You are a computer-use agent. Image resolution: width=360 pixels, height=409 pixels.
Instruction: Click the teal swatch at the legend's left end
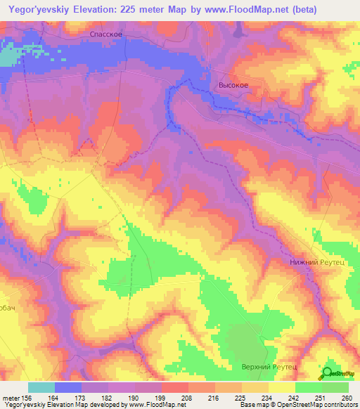41,387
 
